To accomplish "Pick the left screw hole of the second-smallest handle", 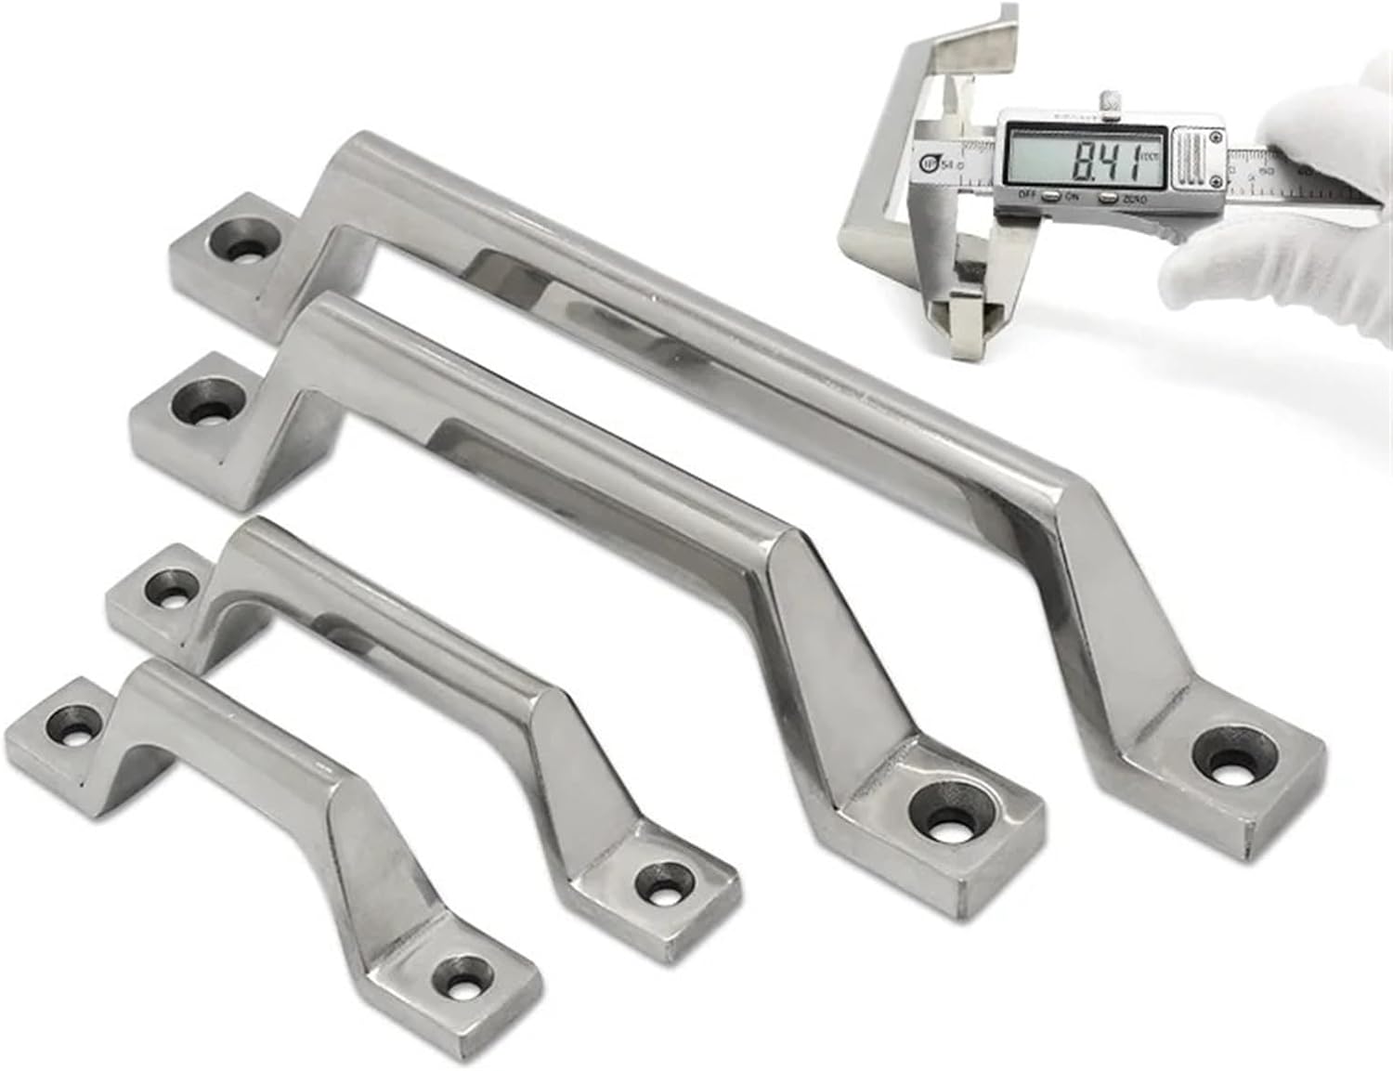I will click(167, 587).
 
